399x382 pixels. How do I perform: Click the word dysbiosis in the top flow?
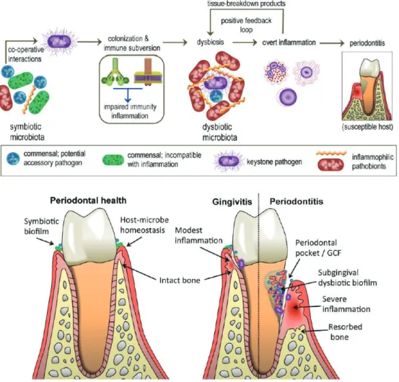[210, 42]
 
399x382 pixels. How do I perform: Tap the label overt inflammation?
[289, 43]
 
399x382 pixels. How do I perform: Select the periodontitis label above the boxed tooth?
[367, 43]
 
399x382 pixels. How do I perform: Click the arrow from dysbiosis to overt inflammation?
[245, 43]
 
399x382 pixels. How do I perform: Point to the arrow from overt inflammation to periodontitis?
[332, 43]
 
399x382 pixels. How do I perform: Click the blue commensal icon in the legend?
[13, 159]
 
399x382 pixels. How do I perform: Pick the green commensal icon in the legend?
[113, 160]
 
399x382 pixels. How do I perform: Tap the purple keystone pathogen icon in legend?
[229, 161]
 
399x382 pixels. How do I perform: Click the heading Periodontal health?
[88, 200]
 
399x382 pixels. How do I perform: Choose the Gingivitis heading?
[232, 202]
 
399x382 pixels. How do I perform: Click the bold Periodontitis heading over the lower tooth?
[297, 202]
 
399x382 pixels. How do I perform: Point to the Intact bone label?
[180, 280]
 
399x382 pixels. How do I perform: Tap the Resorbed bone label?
[345, 332]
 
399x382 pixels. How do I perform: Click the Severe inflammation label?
[346, 304]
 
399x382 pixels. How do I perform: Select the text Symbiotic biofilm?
[41, 226]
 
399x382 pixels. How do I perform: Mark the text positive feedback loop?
[246, 25]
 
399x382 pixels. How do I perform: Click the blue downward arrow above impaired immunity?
[128, 95]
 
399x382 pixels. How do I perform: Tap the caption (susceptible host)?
[367, 127]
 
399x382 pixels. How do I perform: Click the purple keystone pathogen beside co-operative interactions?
[60, 42]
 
